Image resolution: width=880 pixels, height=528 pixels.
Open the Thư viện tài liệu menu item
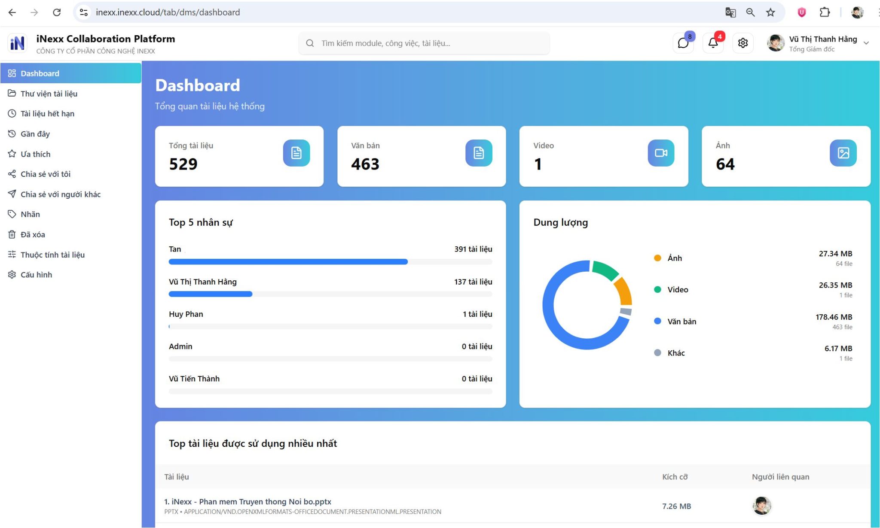coord(49,94)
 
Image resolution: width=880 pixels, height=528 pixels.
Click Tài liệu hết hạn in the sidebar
coord(47,114)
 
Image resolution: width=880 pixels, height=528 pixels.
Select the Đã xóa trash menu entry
coord(33,234)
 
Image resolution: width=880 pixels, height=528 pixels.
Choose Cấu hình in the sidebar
coord(36,275)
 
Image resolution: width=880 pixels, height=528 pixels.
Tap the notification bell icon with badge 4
coord(713,43)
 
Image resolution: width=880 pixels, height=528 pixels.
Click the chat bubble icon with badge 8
coord(683,43)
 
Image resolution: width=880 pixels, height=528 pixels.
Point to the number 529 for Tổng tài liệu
coord(183,164)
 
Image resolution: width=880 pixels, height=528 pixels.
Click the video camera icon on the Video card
coord(661,153)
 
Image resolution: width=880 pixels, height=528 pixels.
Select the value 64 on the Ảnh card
coord(725,164)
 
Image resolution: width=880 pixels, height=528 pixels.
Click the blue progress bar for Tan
coord(288,262)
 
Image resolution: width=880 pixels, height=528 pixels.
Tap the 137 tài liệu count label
coord(473,282)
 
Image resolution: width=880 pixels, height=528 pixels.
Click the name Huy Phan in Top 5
coord(186,314)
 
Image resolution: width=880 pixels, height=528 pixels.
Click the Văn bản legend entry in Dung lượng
coord(681,322)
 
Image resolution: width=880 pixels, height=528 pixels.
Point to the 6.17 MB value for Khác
coord(838,349)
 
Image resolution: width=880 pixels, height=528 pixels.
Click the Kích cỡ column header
coord(675,477)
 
